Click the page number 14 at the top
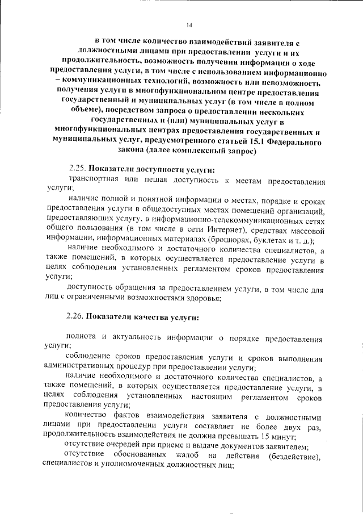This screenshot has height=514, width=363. point(189,25)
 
